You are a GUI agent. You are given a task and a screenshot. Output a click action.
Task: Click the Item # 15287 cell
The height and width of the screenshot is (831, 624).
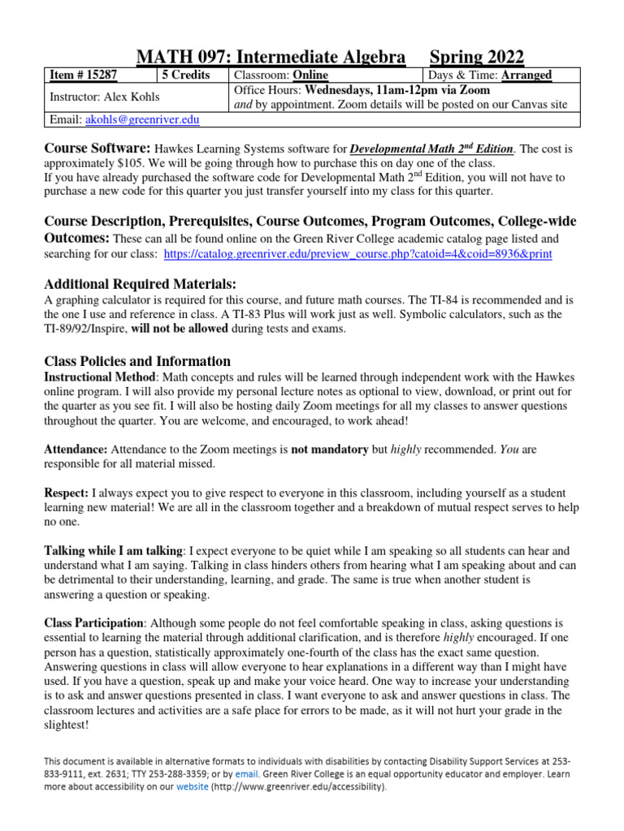(83, 75)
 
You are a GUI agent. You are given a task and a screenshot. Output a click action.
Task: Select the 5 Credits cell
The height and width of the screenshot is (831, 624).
(186, 75)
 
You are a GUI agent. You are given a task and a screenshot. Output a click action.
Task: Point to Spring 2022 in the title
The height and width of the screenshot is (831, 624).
(477, 56)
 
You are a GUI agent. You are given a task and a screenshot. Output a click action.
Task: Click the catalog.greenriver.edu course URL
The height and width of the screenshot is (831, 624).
(357, 254)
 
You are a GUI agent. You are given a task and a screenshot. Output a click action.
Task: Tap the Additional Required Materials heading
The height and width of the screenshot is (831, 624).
(140, 283)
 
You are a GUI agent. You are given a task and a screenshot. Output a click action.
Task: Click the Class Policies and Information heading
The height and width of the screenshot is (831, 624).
(137, 361)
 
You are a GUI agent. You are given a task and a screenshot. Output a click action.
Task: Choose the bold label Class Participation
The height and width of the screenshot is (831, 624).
(93, 623)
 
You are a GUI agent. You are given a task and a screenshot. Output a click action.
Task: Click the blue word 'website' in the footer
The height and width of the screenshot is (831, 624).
(188, 786)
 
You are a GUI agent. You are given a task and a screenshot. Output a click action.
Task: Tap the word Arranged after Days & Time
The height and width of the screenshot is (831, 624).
(526, 75)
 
